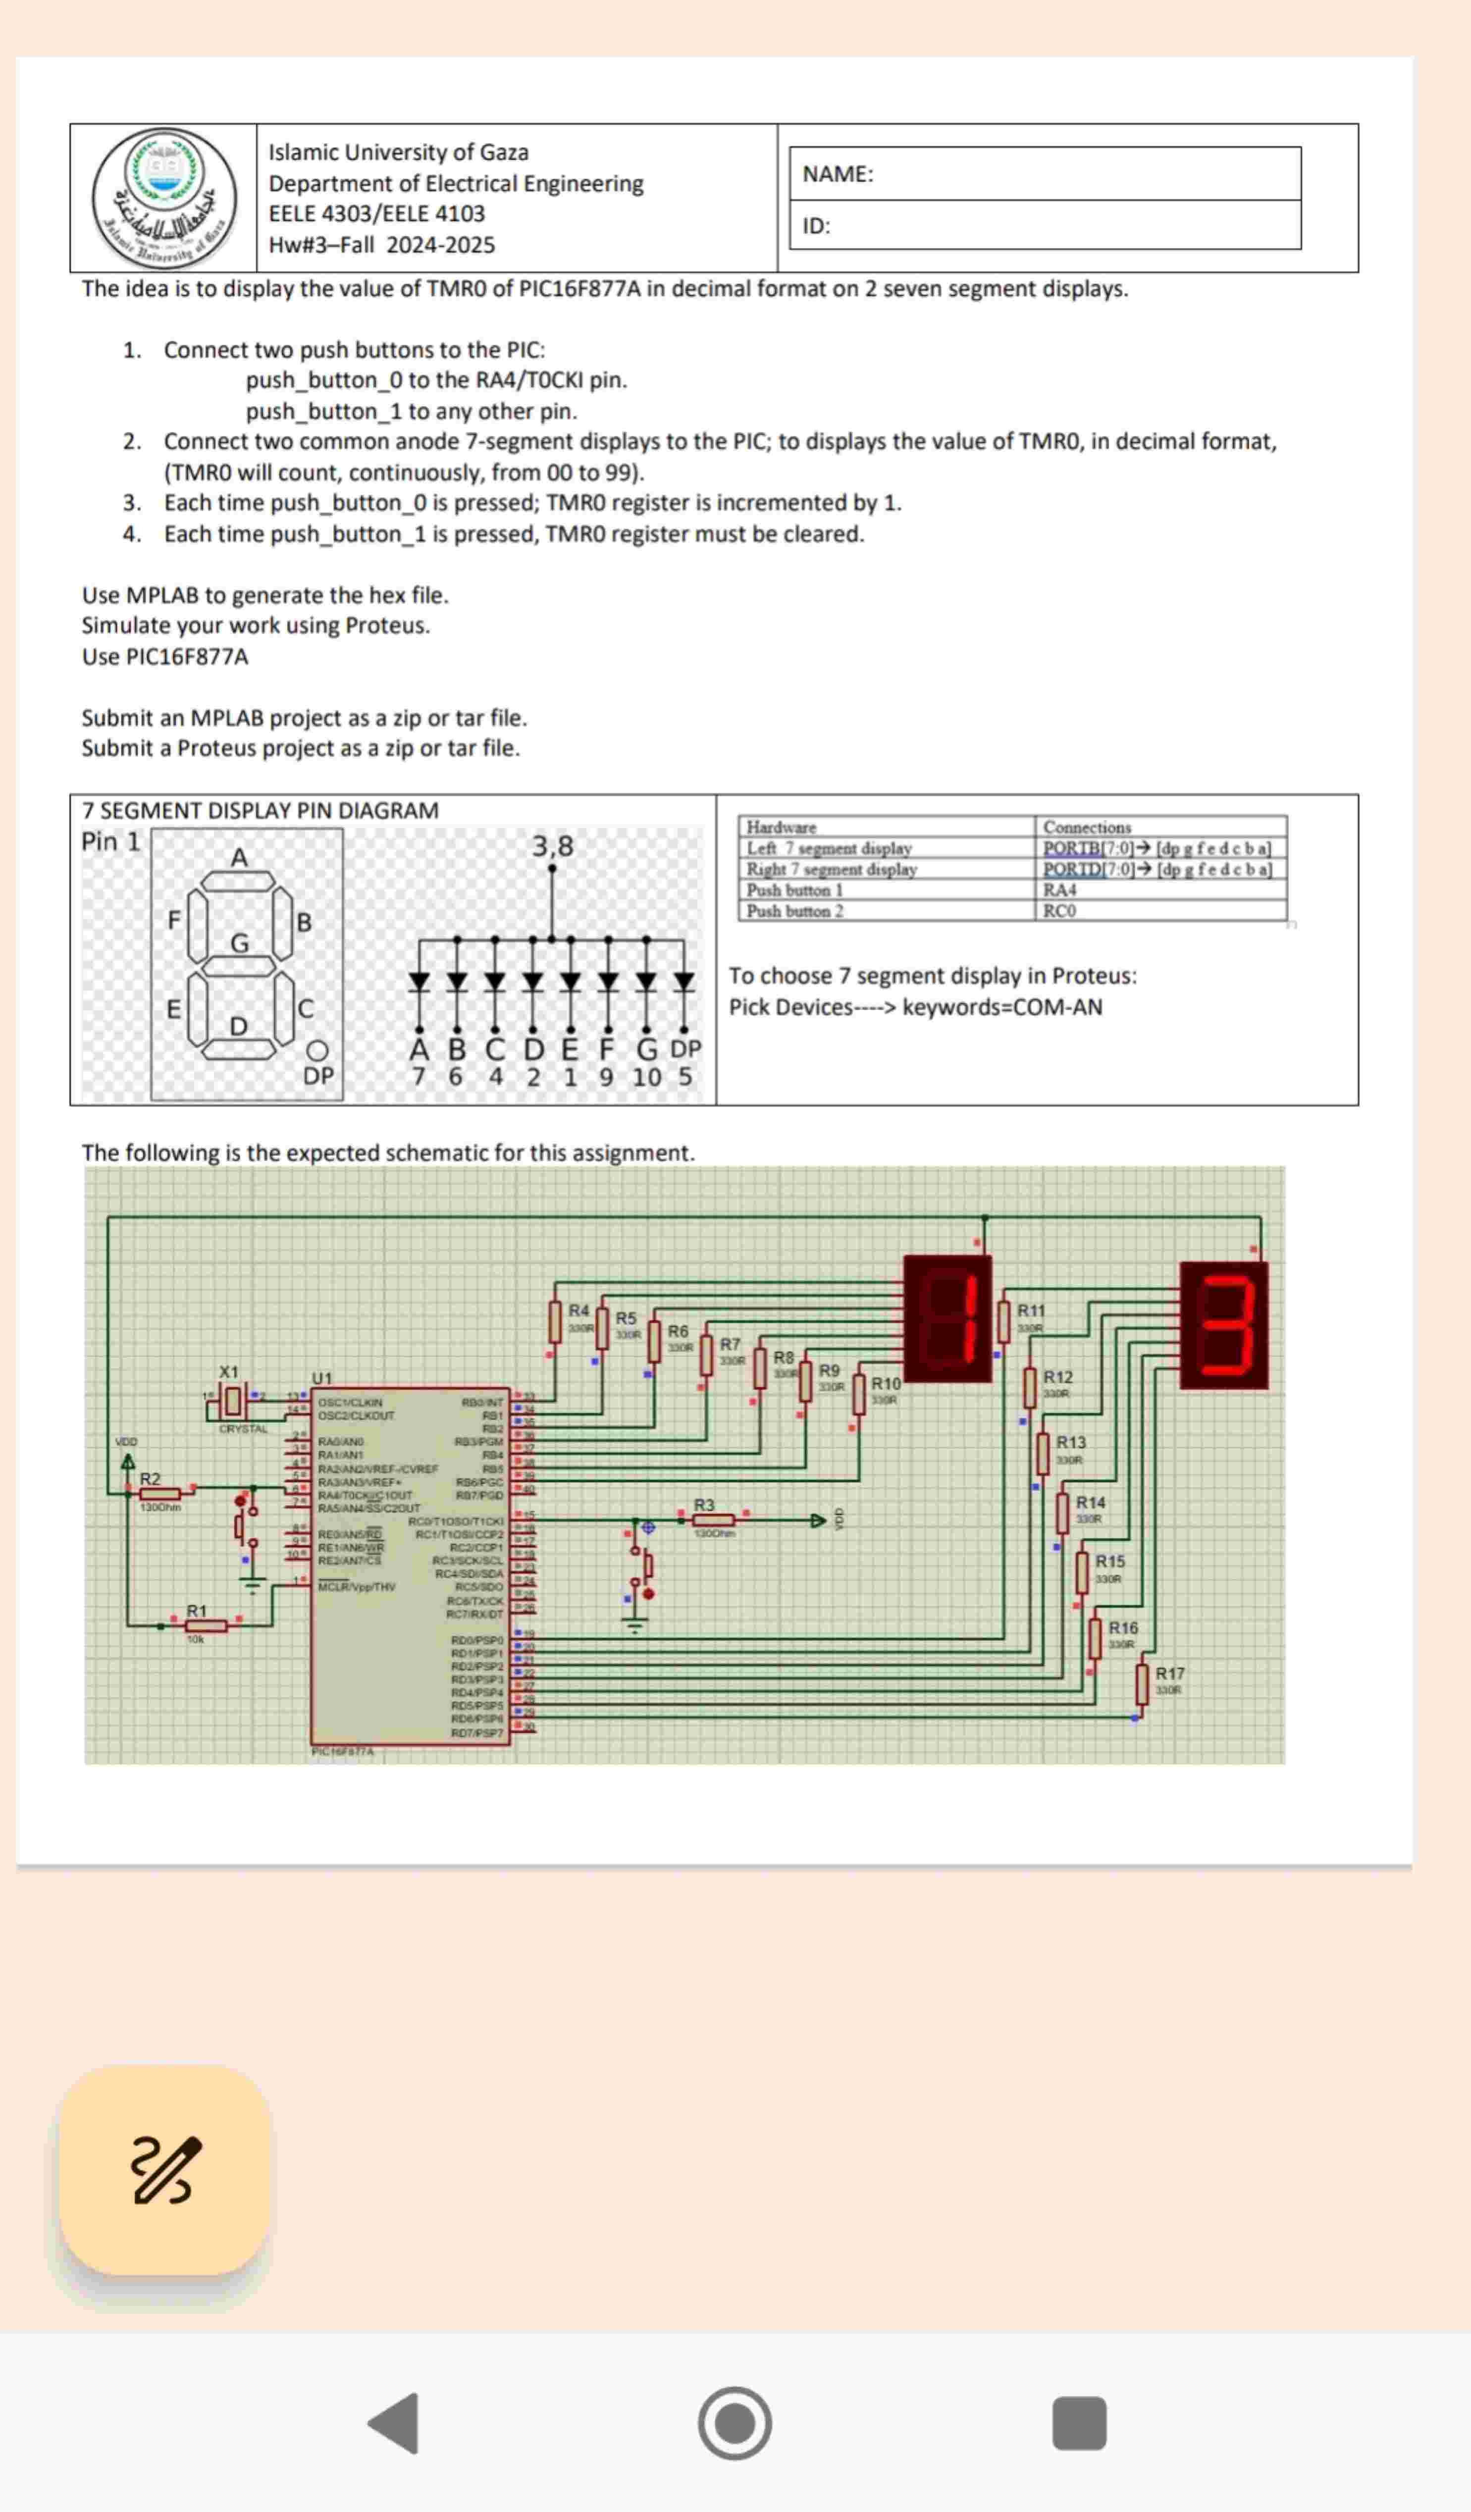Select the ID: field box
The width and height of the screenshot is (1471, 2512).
1045,225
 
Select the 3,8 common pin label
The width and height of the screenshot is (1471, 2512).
552,846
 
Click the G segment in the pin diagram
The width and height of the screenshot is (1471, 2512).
239,966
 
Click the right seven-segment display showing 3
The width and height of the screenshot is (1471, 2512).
1224,1325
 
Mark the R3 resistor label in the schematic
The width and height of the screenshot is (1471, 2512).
704,1504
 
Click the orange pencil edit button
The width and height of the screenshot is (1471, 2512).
165,2170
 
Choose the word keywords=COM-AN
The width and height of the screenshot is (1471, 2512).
1001,1007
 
